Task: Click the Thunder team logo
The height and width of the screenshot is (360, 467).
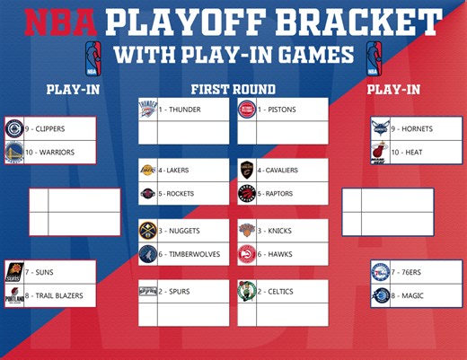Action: point(148,110)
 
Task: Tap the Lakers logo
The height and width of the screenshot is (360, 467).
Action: point(148,170)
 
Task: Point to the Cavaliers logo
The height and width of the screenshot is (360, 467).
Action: point(247,170)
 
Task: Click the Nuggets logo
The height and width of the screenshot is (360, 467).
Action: point(148,231)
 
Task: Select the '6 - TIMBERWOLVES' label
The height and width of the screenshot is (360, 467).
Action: point(189,254)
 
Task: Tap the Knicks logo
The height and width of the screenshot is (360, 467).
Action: point(247,231)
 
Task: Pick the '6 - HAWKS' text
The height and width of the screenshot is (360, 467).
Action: point(275,254)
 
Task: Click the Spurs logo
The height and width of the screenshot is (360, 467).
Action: point(148,291)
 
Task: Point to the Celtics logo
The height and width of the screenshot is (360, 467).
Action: point(247,291)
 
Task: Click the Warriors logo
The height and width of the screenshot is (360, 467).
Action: point(14,152)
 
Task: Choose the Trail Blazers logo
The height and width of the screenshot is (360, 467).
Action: point(14,295)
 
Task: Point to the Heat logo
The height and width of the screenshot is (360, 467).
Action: point(381,152)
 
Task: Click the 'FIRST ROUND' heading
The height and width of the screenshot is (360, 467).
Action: point(233,89)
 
